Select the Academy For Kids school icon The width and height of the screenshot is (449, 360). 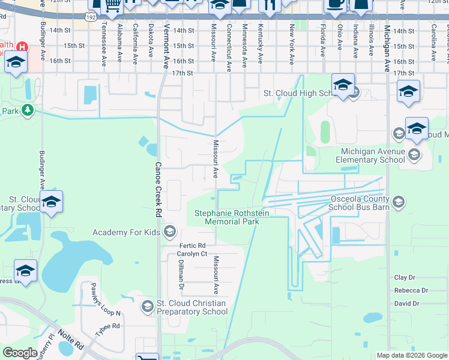[170, 232]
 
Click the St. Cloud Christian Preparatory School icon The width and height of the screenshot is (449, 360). [147, 307]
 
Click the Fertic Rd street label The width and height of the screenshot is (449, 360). [192, 246]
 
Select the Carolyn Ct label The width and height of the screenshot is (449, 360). [192, 254]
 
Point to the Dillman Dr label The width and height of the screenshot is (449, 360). [180, 279]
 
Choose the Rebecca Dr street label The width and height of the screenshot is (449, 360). [411, 290]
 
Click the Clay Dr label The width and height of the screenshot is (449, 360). [405, 278]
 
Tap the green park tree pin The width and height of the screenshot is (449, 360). [27, 110]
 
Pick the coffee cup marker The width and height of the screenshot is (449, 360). [335, 4]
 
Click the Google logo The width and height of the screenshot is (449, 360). [20, 353]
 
